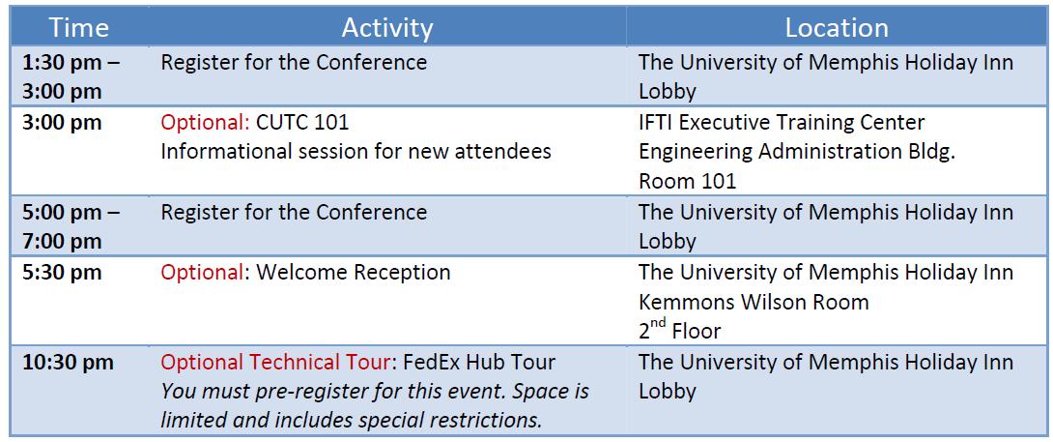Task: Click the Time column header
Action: tap(79, 28)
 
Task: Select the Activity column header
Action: tap(386, 28)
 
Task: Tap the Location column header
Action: tap(837, 28)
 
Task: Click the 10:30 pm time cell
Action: tap(68, 363)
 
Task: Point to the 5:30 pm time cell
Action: tap(62, 273)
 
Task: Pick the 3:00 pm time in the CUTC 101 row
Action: tap(62, 123)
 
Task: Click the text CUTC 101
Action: tap(303, 123)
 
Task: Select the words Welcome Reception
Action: tap(354, 273)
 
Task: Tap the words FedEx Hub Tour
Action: tap(479, 363)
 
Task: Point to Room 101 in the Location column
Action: tap(687, 181)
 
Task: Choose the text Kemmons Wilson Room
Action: tap(754, 302)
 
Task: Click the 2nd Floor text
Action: tap(679, 330)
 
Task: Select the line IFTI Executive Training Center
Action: tap(782, 123)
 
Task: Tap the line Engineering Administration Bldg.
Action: tap(797, 152)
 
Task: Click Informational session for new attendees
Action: tap(356, 152)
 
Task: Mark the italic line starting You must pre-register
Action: tap(375, 392)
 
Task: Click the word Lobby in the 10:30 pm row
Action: tap(667, 392)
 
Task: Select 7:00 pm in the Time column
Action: tap(62, 242)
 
